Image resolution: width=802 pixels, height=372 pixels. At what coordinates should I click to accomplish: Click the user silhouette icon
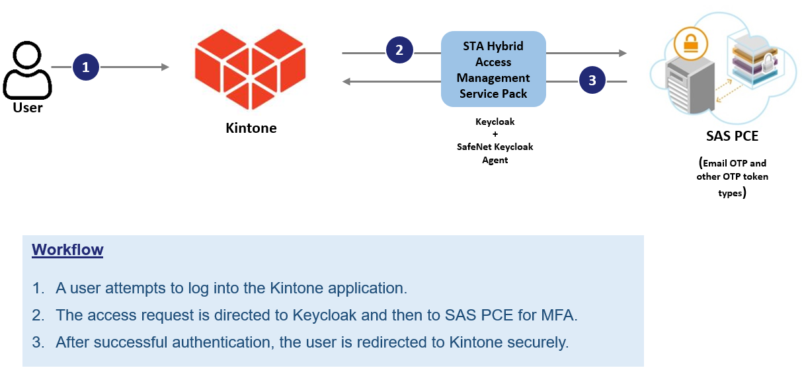(x=27, y=71)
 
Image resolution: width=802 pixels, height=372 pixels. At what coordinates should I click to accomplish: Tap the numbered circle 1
(x=85, y=67)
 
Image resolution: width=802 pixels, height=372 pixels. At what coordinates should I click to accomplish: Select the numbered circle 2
(x=399, y=50)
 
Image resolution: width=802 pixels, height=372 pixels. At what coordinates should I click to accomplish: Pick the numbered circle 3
(x=592, y=81)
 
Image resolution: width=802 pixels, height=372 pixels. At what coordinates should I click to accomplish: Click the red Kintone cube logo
(x=251, y=70)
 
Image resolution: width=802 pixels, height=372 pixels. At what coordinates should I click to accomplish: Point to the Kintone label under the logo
(x=251, y=128)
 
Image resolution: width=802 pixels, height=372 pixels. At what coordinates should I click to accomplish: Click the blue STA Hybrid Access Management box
(x=493, y=69)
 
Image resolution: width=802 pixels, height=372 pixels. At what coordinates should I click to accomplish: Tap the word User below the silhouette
(x=28, y=107)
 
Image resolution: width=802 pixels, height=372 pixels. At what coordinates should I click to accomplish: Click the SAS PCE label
(x=732, y=136)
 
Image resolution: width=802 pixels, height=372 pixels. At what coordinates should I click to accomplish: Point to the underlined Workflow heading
(x=67, y=250)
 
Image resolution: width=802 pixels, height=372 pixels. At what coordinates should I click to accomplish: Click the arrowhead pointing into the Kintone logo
(x=165, y=67)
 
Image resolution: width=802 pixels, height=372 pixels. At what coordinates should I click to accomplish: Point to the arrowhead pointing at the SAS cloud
(x=622, y=52)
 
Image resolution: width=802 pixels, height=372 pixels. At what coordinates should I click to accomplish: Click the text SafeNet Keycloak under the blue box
(x=495, y=147)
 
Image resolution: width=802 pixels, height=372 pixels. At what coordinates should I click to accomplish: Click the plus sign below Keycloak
(x=495, y=134)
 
